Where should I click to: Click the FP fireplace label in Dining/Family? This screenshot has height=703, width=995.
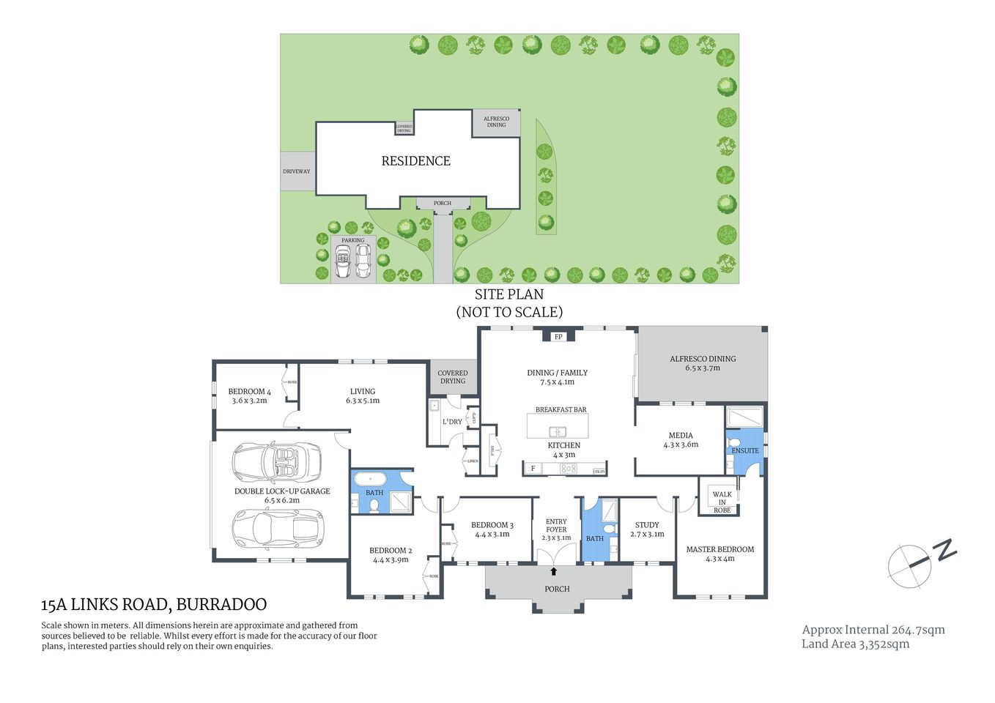[558, 337]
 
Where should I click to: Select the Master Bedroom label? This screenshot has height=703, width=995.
[720, 554]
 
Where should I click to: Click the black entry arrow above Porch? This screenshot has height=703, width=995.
[553, 571]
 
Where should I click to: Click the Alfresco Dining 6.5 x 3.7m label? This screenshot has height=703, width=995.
[702, 363]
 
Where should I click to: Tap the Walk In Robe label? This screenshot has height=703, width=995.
[722, 502]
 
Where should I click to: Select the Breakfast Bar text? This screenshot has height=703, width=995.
[561, 410]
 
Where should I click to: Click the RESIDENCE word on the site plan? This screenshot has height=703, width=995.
[415, 161]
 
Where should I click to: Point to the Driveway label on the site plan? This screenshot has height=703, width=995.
[297, 171]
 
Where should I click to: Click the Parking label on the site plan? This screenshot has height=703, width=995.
[352, 240]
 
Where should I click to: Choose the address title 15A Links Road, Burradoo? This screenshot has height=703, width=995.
[154, 605]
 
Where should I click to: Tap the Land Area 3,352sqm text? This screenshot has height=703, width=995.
[855, 644]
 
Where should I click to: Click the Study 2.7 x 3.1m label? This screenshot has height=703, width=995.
[647, 529]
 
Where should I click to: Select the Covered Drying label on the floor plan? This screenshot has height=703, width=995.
[453, 377]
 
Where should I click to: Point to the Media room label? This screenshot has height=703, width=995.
[680, 439]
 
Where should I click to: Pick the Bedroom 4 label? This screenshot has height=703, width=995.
[249, 396]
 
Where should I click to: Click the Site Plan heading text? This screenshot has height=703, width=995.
[509, 294]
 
